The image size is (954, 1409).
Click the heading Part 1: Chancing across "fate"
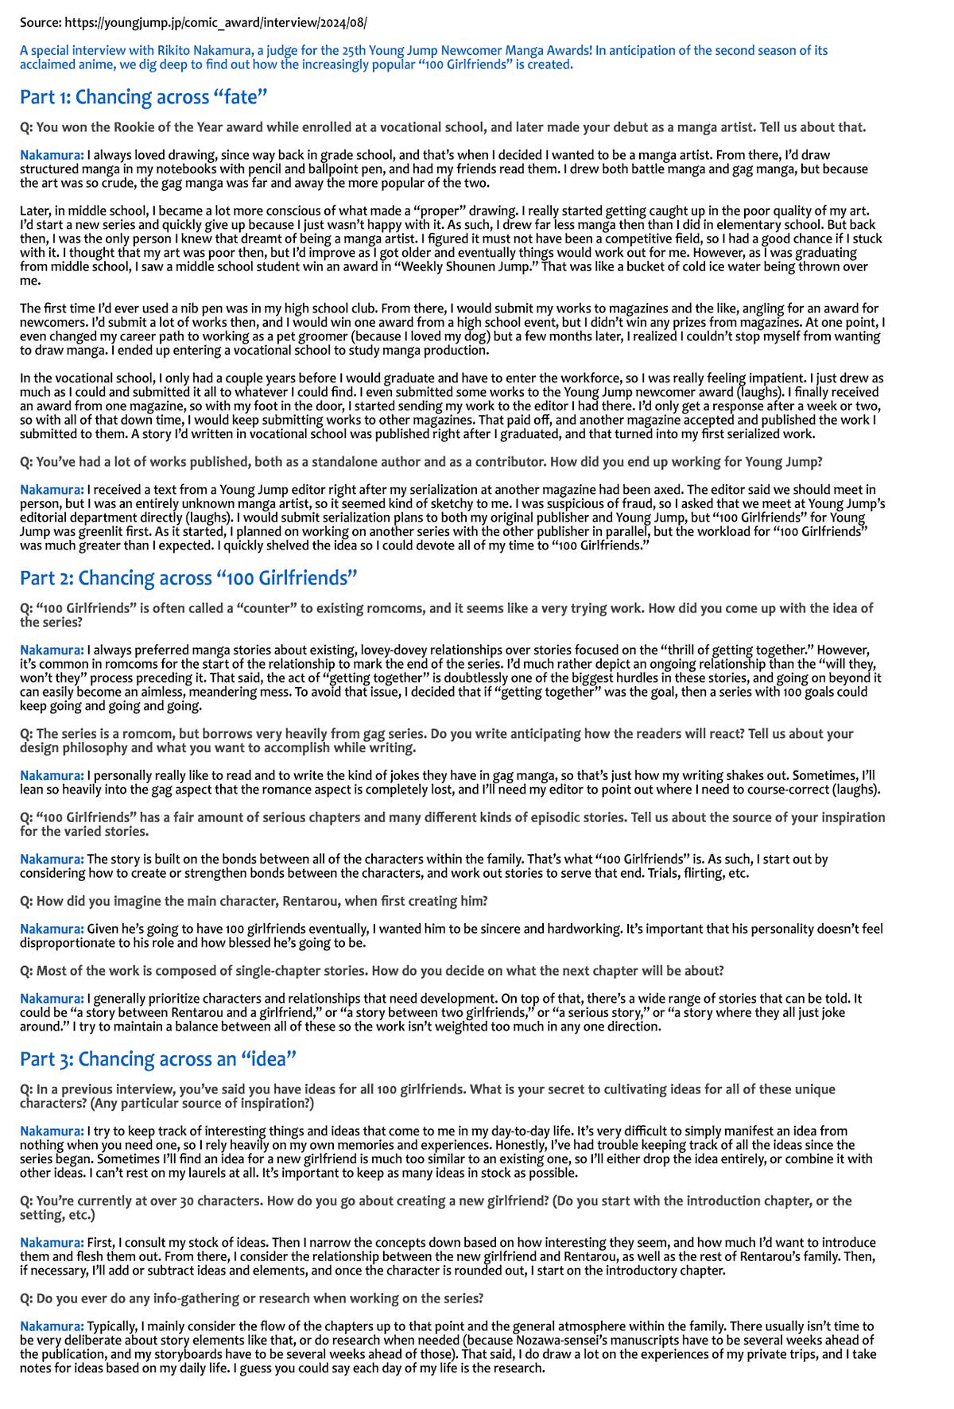(x=143, y=97)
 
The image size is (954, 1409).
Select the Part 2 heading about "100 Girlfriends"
(x=188, y=577)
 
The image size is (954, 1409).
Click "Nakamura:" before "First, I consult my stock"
(x=52, y=1243)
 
